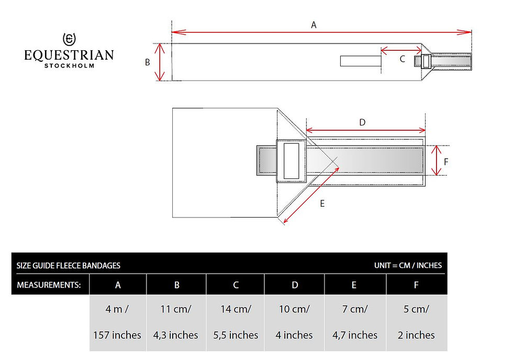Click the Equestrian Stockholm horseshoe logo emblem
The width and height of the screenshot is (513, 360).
[x=69, y=39]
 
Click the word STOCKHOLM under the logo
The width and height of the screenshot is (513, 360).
[x=69, y=65]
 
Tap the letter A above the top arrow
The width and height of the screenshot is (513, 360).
[x=314, y=25]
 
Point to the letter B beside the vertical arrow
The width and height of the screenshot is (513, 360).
[x=148, y=62]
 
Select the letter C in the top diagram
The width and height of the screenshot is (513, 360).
[x=403, y=59]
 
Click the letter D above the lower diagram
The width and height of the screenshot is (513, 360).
[x=362, y=122]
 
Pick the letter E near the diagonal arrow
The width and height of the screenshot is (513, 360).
[x=322, y=204]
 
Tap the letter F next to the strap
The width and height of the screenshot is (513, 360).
[x=446, y=162]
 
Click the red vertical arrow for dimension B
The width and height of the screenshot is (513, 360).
[x=159, y=62]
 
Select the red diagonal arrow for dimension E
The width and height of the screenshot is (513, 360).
[x=311, y=195]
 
